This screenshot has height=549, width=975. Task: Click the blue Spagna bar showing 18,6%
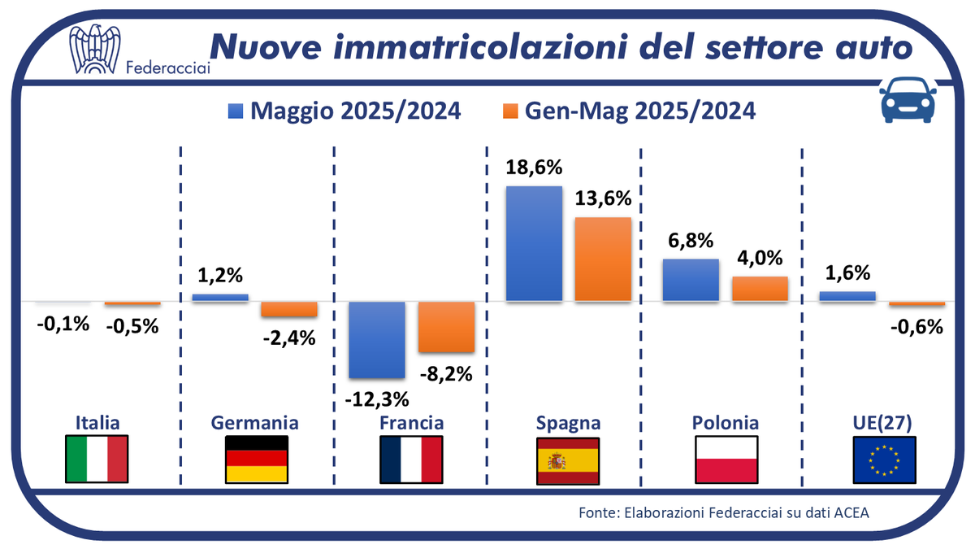pyautogui.click(x=534, y=244)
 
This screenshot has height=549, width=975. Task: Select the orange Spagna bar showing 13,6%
pyautogui.click(x=603, y=259)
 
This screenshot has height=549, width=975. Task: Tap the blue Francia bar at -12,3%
pyautogui.click(x=377, y=339)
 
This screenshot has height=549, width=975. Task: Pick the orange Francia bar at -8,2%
pyautogui.click(x=446, y=327)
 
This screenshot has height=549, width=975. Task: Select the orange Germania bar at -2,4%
pyautogui.click(x=288, y=309)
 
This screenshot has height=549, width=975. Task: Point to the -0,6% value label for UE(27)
pyautogui.click(x=916, y=327)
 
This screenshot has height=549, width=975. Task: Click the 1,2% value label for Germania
pyautogui.click(x=220, y=277)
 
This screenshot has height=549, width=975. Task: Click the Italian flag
pyautogui.click(x=97, y=460)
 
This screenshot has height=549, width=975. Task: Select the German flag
pyautogui.click(x=256, y=460)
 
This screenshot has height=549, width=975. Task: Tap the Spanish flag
pyautogui.click(x=568, y=460)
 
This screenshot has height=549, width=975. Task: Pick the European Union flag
pyautogui.click(x=885, y=460)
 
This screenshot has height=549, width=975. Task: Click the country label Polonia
pyautogui.click(x=726, y=423)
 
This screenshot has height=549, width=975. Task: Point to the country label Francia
pyautogui.click(x=412, y=423)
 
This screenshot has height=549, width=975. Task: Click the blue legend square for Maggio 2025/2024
pyautogui.click(x=235, y=111)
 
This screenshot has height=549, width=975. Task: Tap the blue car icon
pyautogui.click(x=906, y=100)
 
